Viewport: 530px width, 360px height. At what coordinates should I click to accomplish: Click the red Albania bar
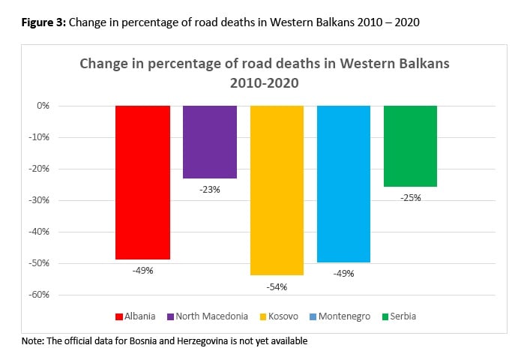click(142, 182)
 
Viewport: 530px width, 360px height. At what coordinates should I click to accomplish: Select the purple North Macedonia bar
click(210, 142)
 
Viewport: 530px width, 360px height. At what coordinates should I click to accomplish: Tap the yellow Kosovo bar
click(277, 190)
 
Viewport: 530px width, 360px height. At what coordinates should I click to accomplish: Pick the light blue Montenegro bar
click(343, 184)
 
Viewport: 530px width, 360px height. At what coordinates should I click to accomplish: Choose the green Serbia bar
click(410, 145)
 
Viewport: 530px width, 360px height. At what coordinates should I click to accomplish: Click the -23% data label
click(210, 190)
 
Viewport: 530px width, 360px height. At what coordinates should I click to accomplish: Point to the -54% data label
click(277, 286)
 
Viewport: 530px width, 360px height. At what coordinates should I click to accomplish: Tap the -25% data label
click(410, 198)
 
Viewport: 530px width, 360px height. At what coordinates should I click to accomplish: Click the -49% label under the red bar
click(142, 270)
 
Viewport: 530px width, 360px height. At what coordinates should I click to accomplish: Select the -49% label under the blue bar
click(343, 274)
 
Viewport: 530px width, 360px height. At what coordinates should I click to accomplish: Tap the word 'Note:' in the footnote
click(34, 341)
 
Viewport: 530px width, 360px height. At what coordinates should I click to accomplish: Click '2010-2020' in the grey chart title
click(264, 82)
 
